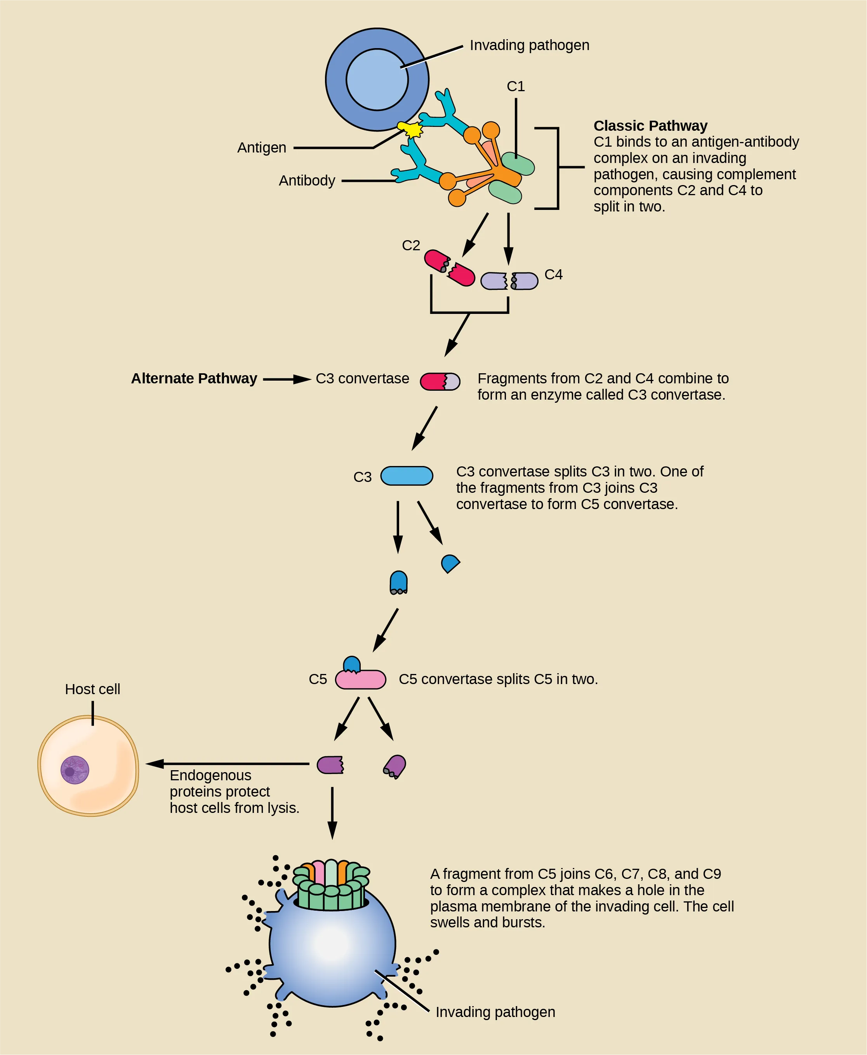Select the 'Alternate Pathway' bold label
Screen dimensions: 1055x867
[194, 378]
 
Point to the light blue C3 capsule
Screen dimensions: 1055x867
[407, 476]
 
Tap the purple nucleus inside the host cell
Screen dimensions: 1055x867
[75, 770]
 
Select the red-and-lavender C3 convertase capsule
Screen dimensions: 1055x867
[440, 381]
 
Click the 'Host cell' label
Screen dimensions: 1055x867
[92, 689]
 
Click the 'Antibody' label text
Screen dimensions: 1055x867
[307, 181]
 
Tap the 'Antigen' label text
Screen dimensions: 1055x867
[262, 148]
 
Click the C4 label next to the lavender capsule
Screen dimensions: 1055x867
[553, 274]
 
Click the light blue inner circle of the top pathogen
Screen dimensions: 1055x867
[377, 80]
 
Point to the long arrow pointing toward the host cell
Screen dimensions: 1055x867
[227, 764]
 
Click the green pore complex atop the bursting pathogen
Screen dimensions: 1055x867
[331, 886]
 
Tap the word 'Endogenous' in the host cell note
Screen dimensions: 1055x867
[210, 776]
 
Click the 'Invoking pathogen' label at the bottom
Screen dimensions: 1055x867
[495, 1012]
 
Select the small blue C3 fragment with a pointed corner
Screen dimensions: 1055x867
[450, 563]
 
